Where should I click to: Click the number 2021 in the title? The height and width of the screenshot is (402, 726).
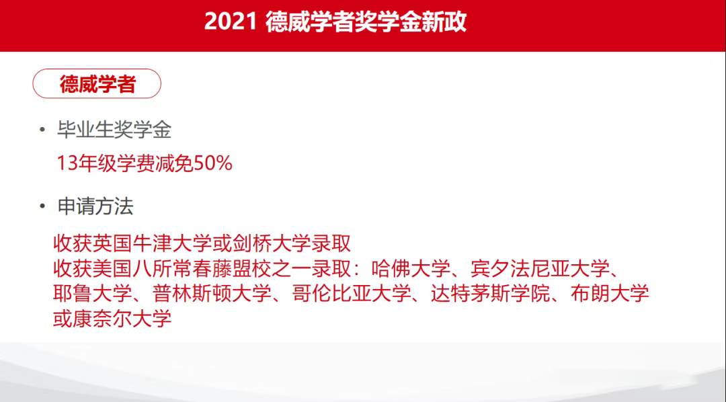pos(231,22)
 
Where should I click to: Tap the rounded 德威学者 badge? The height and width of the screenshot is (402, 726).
pos(97,83)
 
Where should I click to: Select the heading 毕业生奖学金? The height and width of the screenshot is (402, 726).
pos(114,130)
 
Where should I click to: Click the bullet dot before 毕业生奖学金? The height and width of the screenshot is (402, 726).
pos(42,130)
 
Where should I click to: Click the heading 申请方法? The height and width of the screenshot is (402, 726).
pos(95,206)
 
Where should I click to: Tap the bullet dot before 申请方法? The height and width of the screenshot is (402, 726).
pos(42,206)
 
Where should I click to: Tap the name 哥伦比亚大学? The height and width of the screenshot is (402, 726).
pos(352,294)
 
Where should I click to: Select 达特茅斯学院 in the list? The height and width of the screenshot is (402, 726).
pos(491,294)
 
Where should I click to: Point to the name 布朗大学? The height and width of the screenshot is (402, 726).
pos(610,294)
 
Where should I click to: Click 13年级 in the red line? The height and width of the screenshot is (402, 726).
pos(85,163)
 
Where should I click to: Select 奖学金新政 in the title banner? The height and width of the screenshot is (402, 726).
pos(410,22)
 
